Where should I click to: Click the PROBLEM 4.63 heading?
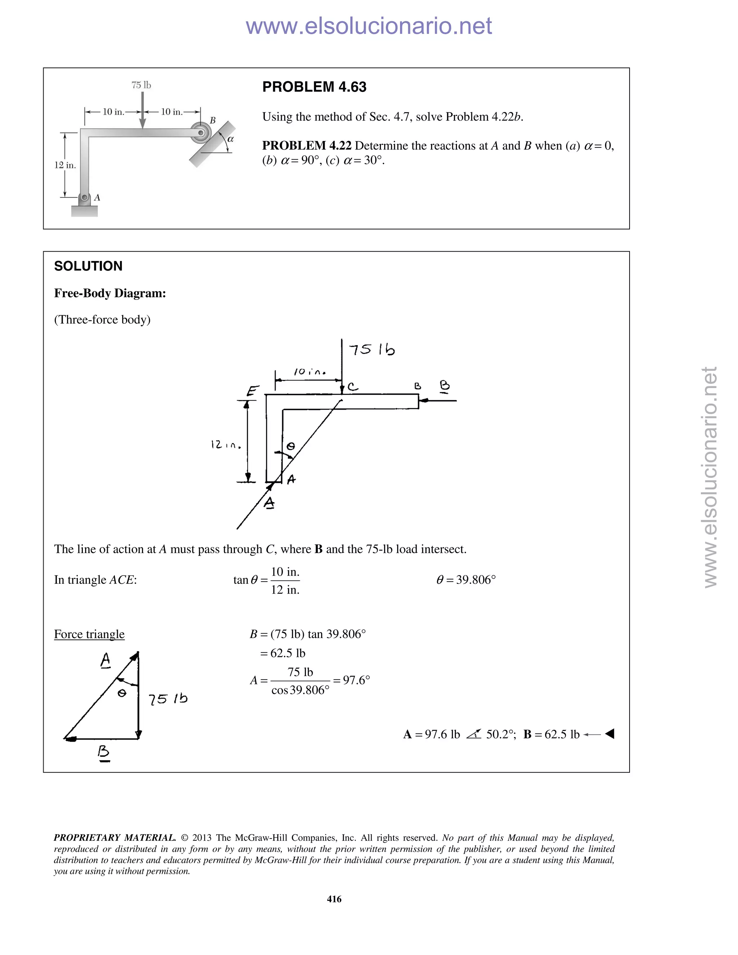pyautogui.click(x=314, y=87)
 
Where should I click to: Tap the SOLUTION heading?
pyautogui.click(x=88, y=266)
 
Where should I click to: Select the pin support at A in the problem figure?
pyautogui.click(x=85, y=199)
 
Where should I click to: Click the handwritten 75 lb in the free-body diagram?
pyautogui.click(x=372, y=350)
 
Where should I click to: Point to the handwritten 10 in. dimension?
pyautogui.click(x=310, y=372)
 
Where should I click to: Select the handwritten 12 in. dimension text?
pyautogui.click(x=226, y=445)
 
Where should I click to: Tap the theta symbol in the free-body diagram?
pyautogui.click(x=290, y=446)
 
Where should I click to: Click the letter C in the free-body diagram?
pyautogui.click(x=352, y=387)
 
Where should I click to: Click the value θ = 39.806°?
pyautogui.click(x=466, y=580)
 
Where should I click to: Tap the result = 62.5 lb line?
pyautogui.click(x=283, y=653)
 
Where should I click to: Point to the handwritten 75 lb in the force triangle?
pyautogui.click(x=168, y=699)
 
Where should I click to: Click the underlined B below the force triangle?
pyautogui.click(x=104, y=752)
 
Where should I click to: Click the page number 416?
pyautogui.click(x=334, y=899)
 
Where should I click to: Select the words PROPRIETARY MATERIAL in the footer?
pyautogui.click(x=115, y=838)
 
